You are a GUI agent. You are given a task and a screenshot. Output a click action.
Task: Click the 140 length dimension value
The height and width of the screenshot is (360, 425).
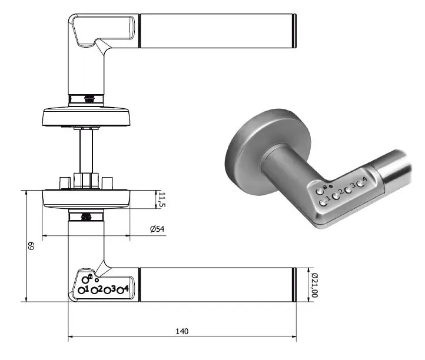[182, 332]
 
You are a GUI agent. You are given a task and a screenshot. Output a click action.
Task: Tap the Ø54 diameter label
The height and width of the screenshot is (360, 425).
[157, 229]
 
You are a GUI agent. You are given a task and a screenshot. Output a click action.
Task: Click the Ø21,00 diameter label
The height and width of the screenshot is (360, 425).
[314, 285]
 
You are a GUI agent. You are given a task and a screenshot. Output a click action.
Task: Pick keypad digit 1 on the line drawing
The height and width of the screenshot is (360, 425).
[87, 289]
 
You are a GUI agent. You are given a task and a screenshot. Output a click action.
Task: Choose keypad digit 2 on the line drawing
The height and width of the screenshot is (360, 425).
[101, 289]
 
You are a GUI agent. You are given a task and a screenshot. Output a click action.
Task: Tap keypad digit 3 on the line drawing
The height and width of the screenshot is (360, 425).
[113, 289]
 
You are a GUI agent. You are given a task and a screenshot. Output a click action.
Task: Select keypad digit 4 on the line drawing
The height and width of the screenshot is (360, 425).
[126, 288]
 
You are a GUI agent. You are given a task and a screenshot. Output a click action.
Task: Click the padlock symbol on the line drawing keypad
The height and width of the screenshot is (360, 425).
[90, 276]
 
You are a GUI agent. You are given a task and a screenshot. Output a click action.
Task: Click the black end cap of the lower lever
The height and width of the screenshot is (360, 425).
[294, 285]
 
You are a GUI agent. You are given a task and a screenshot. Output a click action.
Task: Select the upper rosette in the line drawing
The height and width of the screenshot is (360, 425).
[86, 115]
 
